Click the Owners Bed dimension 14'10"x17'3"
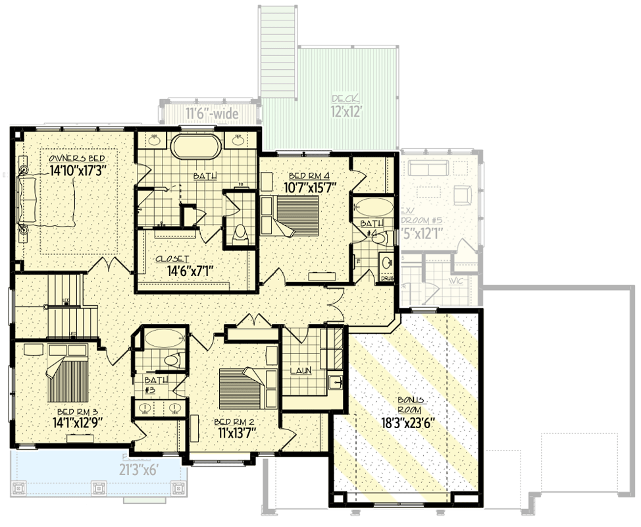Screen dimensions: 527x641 pyautogui.click(x=78, y=170)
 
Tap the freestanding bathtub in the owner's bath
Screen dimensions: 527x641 pyautogui.click(x=197, y=146)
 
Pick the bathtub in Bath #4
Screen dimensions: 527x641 pyautogui.click(x=372, y=208)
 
